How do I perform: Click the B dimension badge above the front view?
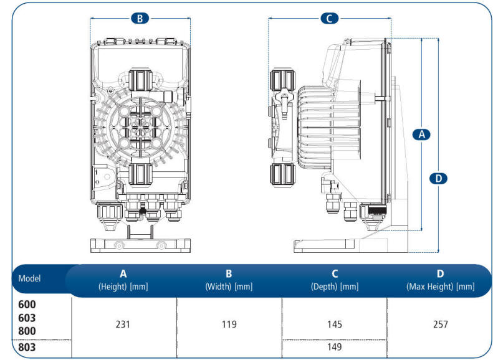click(140, 18)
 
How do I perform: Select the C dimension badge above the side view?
click(330, 18)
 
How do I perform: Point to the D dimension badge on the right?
click(439, 178)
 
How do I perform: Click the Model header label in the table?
click(29, 278)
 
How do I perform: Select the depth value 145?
click(335, 324)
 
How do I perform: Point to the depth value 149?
click(335, 347)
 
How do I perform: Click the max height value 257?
click(440, 324)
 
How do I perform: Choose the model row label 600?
click(27, 305)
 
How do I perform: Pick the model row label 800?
click(27, 331)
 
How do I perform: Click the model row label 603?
click(27, 318)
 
